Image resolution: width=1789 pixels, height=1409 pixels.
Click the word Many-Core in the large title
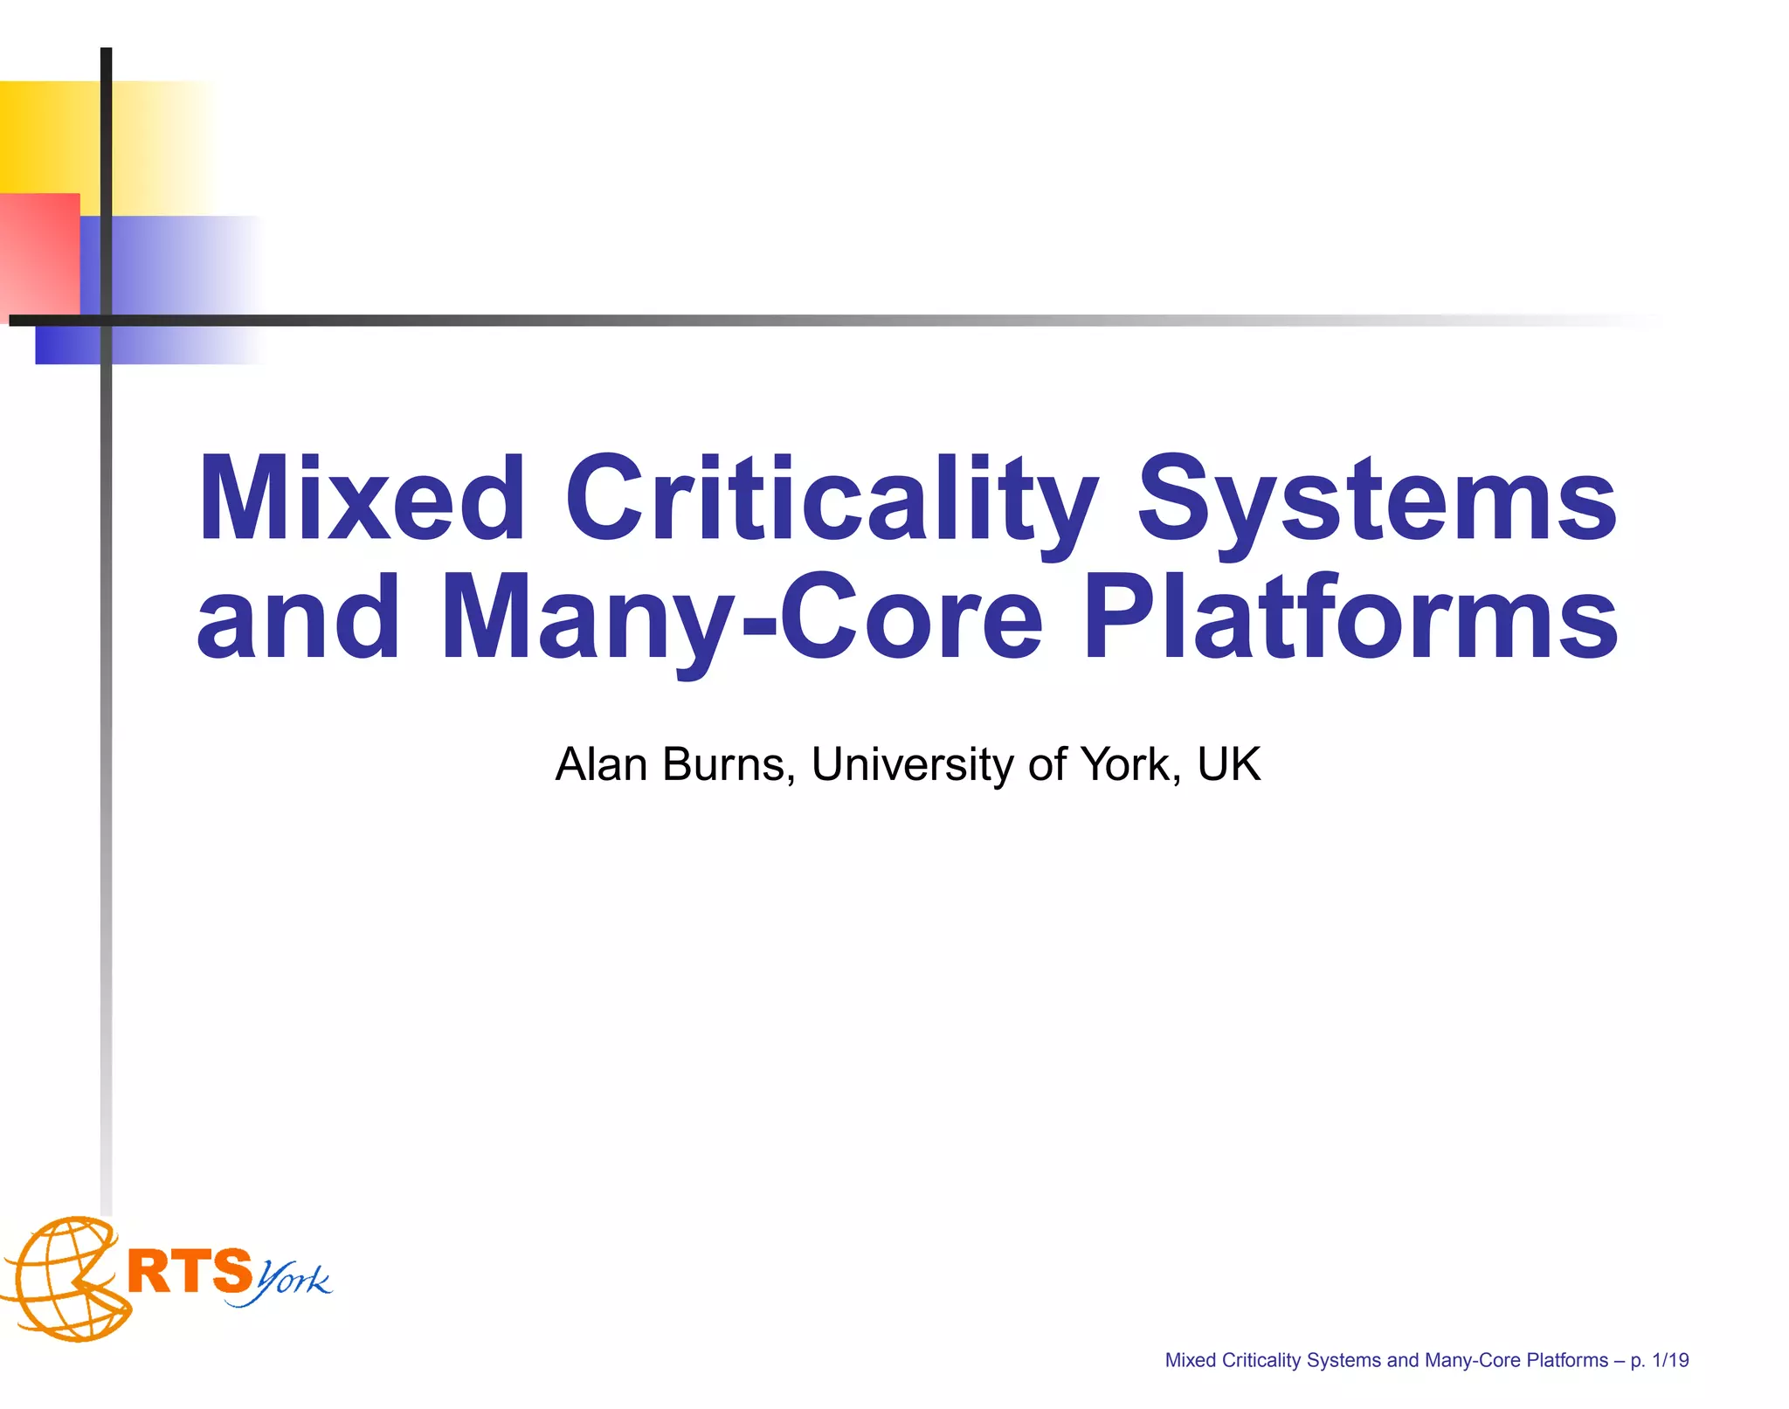(x=742, y=618)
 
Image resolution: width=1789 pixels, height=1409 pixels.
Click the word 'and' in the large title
(x=298, y=618)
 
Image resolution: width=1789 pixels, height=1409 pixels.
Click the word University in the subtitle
(x=913, y=764)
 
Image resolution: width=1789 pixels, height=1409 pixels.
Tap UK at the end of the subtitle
(x=1229, y=764)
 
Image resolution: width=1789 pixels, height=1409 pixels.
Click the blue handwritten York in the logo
(x=293, y=1282)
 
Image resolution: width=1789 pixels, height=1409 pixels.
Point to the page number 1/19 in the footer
(x=1670, y=1360)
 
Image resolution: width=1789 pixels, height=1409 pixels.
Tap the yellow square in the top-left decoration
(x=49, y=135)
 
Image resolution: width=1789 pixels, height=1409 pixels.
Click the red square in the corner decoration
(x=39, y=253)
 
